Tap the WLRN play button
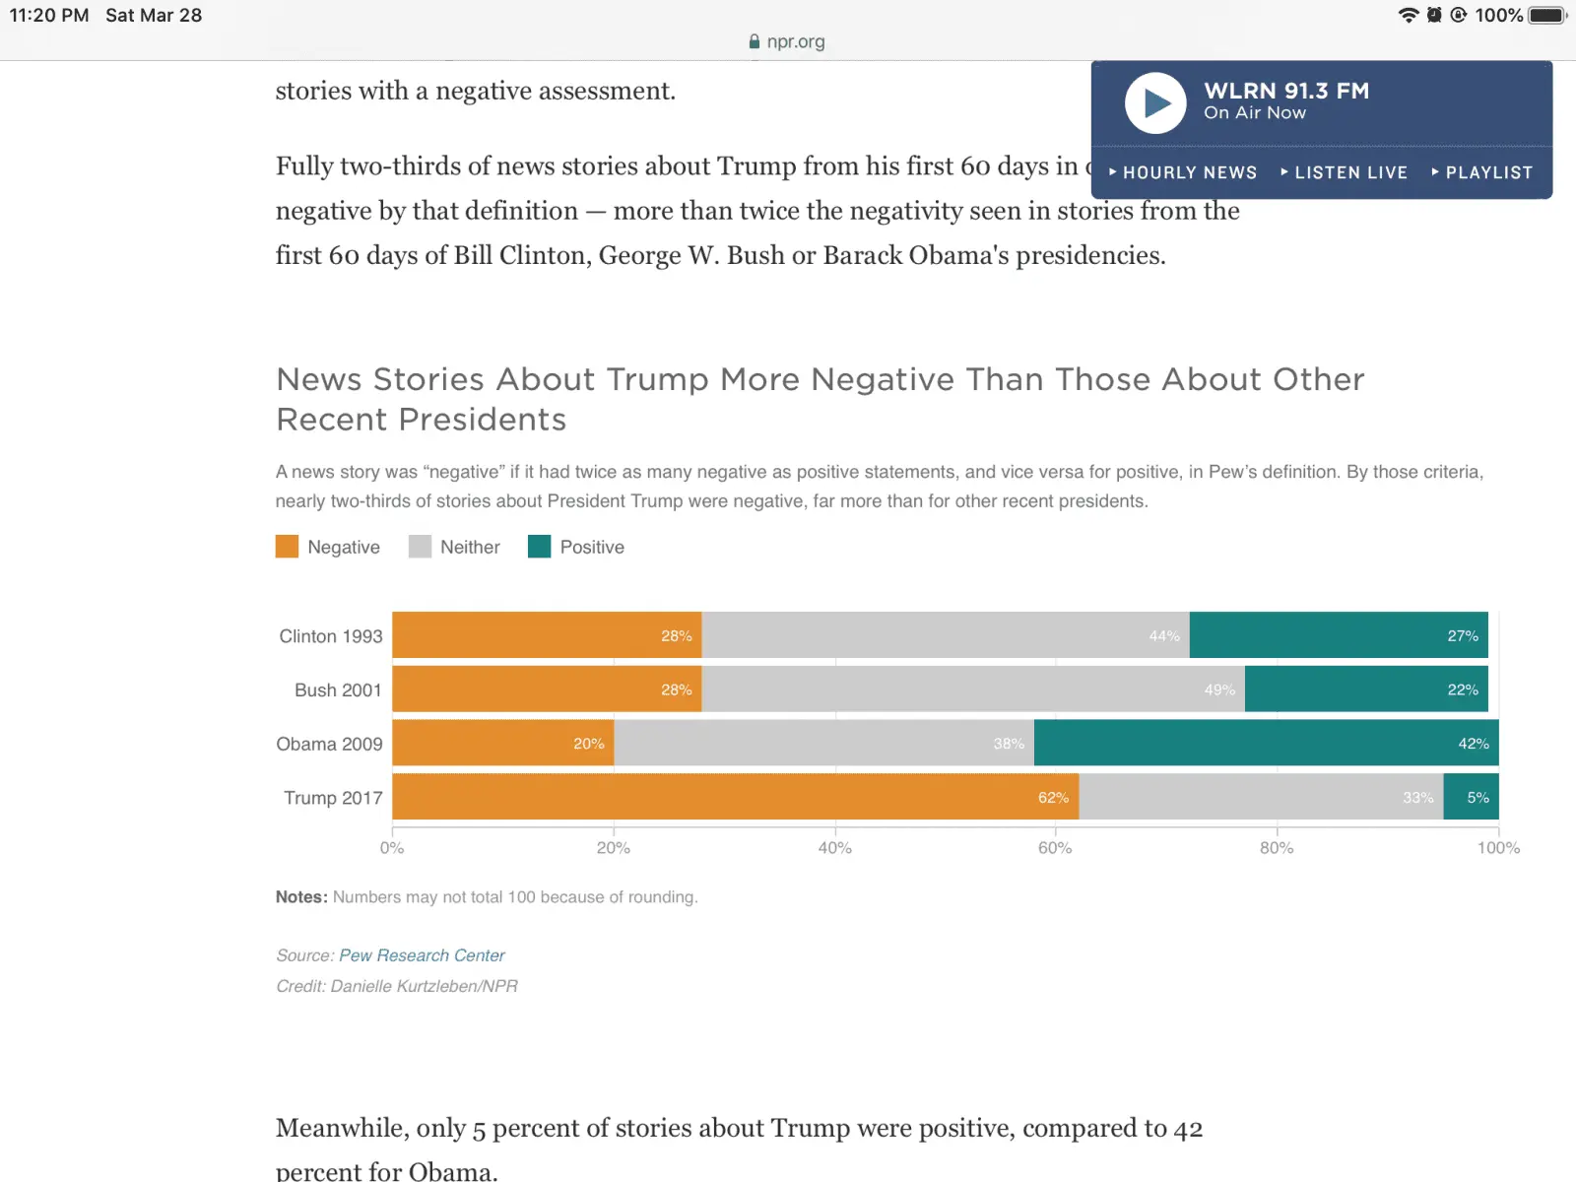[1155, 102]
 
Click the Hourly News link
[1183, 172]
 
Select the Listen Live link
[1345, 172]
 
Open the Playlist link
[1482, 172]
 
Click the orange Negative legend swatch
[287, 547]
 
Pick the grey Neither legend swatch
[420, 547]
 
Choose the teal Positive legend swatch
[539, 547]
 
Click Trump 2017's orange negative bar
[735, 797]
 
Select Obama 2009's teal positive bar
[1266, 743]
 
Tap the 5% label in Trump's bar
[1477, 798]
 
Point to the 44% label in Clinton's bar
[1163, 636]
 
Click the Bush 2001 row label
[338, 690]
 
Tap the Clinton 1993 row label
[330, 636]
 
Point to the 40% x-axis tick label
[834, 848]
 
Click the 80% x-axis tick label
[1277, 848]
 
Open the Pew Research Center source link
[422, 955]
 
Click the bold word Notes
[300, 897]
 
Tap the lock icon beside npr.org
[755, 41]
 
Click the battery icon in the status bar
[1546, 15]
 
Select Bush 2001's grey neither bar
[972, 689]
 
